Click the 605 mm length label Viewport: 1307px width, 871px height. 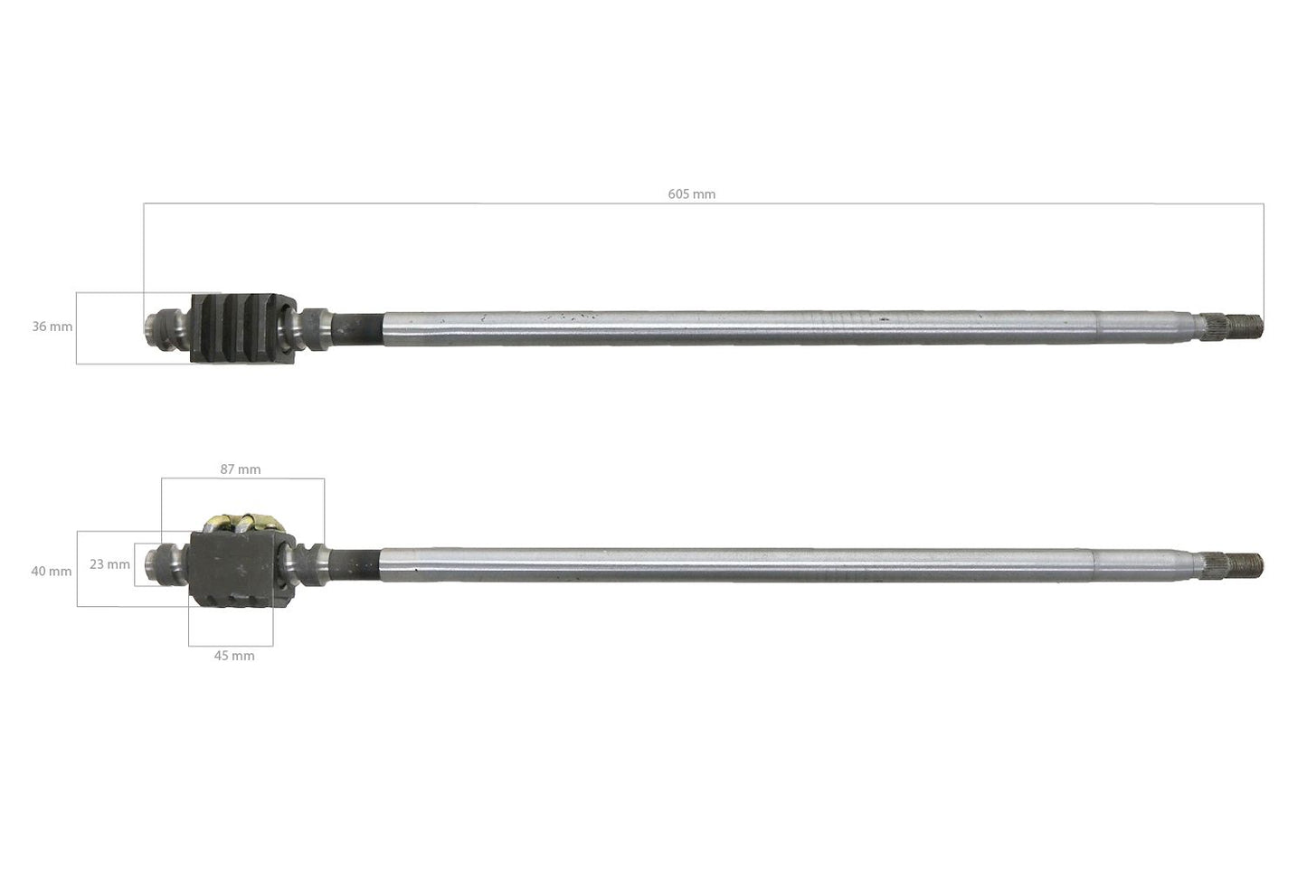pos(692,194)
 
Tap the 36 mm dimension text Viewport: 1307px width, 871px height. pos(52,327)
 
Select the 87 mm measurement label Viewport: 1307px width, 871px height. pos(241,469)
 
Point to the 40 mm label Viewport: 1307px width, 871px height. pos(52,571)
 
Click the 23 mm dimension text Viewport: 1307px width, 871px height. pos(109,564)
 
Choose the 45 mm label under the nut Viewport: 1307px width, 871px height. pos(234,656)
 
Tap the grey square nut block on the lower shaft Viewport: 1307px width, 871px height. pos(233,569)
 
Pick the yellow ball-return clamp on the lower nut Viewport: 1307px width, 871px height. pos(244,523)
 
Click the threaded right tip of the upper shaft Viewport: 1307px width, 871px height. pos(1254,324)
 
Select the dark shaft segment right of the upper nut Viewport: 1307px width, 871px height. pos(362,327)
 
